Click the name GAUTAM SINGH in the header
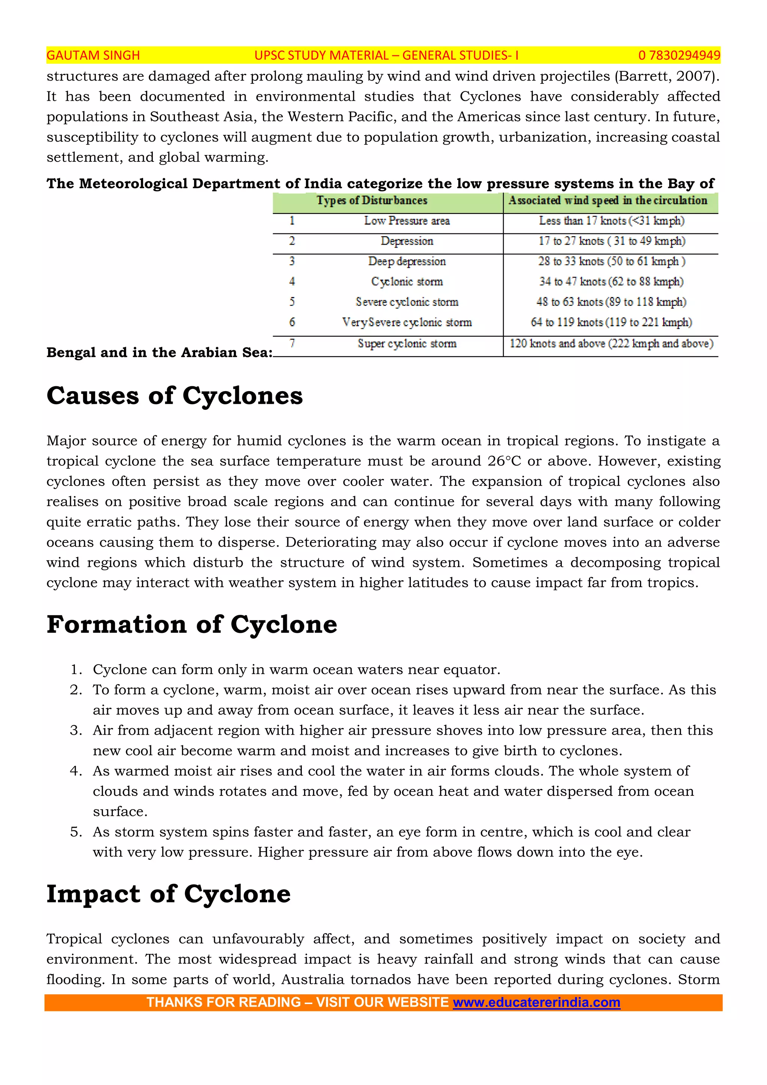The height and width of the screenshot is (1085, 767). [x=93, y=55]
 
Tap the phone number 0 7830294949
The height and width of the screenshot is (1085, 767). [x=679, y=55]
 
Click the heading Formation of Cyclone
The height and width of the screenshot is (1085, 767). [x=192, y=624]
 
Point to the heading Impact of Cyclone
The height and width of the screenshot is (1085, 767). [x=168, y=894]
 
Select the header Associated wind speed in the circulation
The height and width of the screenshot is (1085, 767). [x=607, y=200]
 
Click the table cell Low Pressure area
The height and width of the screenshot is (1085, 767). [x=407, y=221]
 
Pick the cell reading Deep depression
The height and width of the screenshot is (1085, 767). [x=407, y=262]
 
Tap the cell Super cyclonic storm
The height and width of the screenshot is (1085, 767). [x=407, y=344]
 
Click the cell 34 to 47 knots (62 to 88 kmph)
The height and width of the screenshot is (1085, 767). [x=611, y=282]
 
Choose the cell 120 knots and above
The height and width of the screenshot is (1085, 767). [x=611, y=344]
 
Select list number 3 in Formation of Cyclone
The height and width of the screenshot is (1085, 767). [x=76, y=730]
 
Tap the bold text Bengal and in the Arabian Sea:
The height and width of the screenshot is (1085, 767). [x=159, y=352]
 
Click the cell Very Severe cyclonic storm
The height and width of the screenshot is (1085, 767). [x=407, y=322]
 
